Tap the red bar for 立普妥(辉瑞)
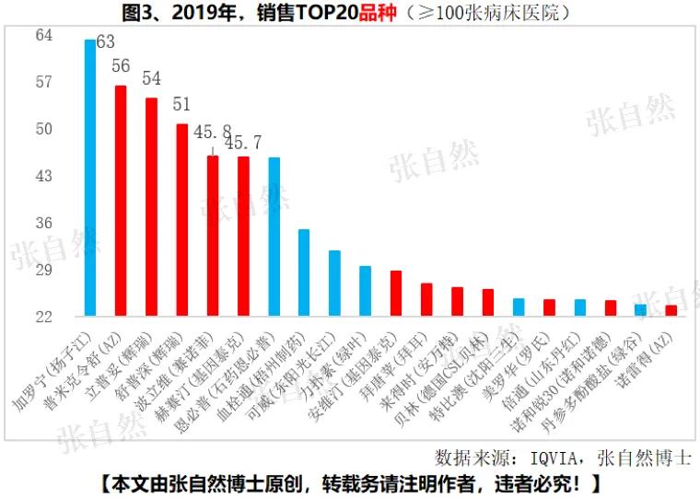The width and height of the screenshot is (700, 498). coord(151,207)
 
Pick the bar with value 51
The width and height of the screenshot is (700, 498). coord(181,220)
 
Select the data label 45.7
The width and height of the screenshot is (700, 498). coord(243,143)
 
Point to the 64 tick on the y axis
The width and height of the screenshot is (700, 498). coord(44,35)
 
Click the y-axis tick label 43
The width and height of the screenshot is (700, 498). coord(44,176)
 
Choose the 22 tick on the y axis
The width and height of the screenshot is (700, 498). coord(44,317)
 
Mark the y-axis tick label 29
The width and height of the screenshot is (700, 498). coord(44,270)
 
